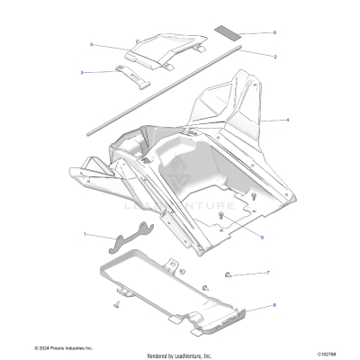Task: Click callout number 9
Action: coord(274,32)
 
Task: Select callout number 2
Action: coord(274,56)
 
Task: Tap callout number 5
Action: coord(91,44)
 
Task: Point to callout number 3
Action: coord(82,71)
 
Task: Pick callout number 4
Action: coord(286,119)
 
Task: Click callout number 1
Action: coord(85,235)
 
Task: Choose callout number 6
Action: coord(261,238)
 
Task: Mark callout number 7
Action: coord(266,272)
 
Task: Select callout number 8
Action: coord(274,308)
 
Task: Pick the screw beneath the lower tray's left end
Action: coord(116,306)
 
